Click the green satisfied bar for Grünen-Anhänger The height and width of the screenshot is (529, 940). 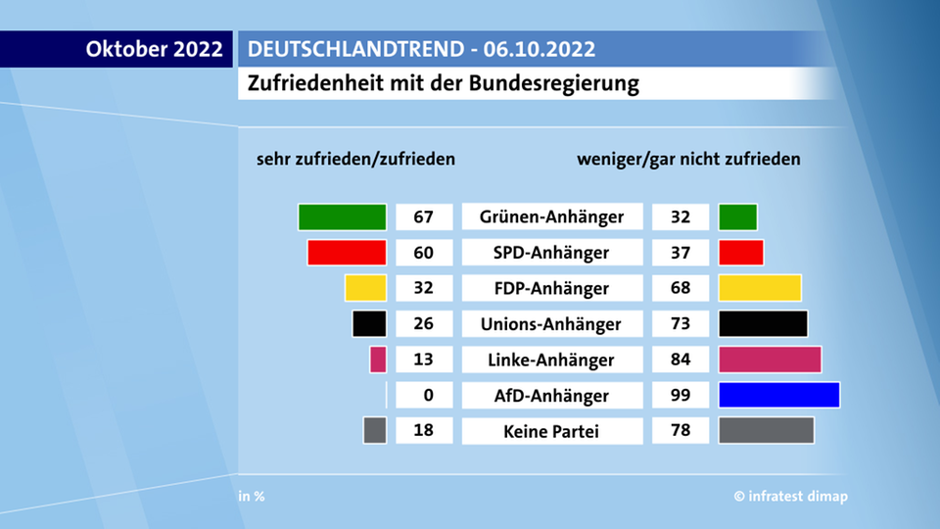pyautogui.click(x=342, y=216)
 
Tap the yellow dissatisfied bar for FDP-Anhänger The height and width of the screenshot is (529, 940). pyautogui.click(x=760, y=288)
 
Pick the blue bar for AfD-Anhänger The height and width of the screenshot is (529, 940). pyautogui.click(x=778, y=395)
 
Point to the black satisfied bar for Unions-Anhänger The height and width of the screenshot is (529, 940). pyautogui.click(x=369, y=323)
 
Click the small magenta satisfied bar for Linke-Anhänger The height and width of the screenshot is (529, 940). pyautogui.click(x=378, y=360)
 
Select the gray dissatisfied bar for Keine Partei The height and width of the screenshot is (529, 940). pyautogui.click(x=766, y=431)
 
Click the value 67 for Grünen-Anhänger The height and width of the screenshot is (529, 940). pyautogui.click(x=424, y=216)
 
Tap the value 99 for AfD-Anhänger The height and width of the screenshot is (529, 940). pyautogui.click(x=681, y=395)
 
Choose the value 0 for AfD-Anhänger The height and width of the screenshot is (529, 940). pyautogui.click(x=424, y=395)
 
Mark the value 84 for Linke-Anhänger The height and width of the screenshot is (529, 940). pyautogui.click(x=681, y=360)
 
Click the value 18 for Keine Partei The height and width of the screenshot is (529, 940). pyautogui.click(x=424, y=431)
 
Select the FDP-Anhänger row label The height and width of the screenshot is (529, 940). pyautogui.click(x=551, y=288)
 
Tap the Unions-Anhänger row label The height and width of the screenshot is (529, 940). pyautogui.click(x=551, y=323)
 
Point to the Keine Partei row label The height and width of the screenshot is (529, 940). pyautogui.click(x=551, y=431)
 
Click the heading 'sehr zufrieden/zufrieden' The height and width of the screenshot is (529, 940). pyautogui.click(x=355, y=159)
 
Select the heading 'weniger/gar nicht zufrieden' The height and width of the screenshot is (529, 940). pyautogui.click(x=689, y=159)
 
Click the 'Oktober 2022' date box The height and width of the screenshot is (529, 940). pyautogui.click(x=155, y=49)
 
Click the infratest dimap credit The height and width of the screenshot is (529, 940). pyautogui.click(x=791, y=497)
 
